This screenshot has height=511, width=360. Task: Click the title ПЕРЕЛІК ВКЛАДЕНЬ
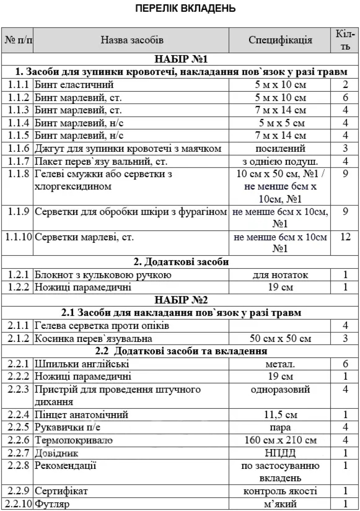click(185, 8)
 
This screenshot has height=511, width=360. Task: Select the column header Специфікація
click(280, 40)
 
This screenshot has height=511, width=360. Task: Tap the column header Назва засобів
click(132, 40)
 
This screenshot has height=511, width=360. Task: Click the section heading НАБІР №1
click(181, 59)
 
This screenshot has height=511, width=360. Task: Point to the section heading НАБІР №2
click(181, 300)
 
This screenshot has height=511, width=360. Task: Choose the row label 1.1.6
click(18, 148)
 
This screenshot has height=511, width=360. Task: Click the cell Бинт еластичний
click(74, 85)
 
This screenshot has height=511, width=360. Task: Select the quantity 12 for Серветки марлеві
click(345, 237)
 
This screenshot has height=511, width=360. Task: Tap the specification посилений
click(280, 148)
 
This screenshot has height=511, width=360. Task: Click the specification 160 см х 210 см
click(280, 440)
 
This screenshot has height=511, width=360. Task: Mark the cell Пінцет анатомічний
click(81, 415)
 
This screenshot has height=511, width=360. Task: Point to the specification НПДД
click(280, 453)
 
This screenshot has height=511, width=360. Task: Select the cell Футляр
click(52, 504)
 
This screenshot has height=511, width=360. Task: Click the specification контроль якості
click(280, 491)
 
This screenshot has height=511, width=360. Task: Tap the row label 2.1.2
click(18, 338)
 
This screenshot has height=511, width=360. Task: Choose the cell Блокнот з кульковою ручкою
click(103, 275)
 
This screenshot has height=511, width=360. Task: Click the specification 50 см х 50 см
click(280, 338)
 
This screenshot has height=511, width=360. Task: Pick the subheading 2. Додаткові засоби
click(181, 262)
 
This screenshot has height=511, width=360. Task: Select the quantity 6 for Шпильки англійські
click(345, 364)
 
